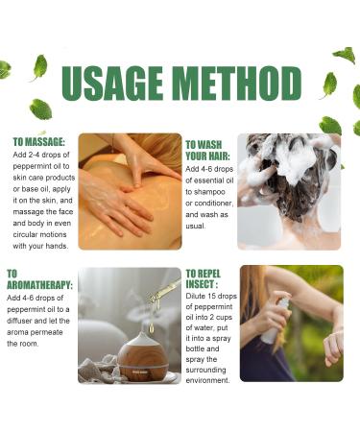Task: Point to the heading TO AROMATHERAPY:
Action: pos(38,279)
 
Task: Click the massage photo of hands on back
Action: pos(130,191)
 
